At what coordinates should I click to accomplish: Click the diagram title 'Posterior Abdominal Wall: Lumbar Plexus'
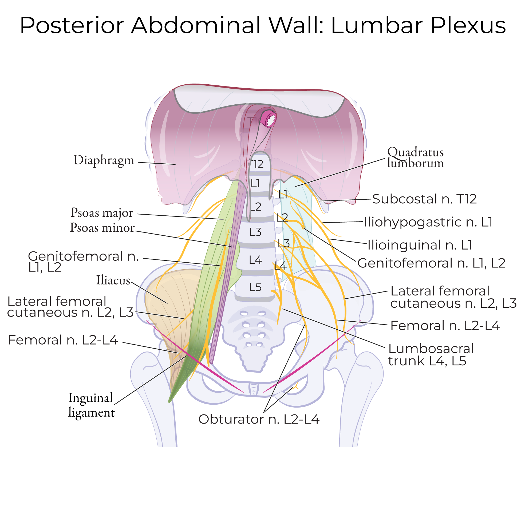(x=263, y=26)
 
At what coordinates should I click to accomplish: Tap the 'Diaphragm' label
(x=104, y=160)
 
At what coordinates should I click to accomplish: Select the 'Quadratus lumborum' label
(x=415, y=158)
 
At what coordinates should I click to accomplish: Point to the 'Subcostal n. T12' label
(x=424, y=199)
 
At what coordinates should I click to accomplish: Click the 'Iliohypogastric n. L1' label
(x=428, y=222)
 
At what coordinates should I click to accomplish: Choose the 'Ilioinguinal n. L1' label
(x=420, y=245)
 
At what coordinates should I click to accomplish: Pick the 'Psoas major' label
(x=102, y=213)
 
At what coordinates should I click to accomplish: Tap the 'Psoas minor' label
(x=102, y=228)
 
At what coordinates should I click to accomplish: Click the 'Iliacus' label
(x=113, y=280)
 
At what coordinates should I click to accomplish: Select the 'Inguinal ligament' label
(x=91, y=405)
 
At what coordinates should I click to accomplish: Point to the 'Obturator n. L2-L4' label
(x=259, y=419)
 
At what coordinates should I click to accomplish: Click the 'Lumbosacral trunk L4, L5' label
(x=431, y=355)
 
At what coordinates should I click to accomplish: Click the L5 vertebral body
(x=255, y=287)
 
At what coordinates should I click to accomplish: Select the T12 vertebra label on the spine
(x=257, y=164)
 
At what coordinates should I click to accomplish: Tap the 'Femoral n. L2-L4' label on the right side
(x=445, y=326)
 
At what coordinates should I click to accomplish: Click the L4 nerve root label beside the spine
(x=281, y=266)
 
